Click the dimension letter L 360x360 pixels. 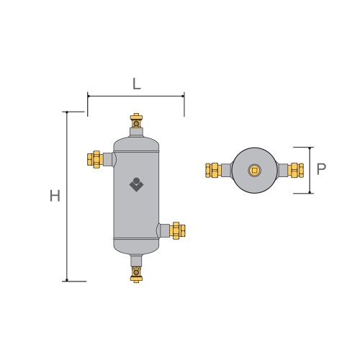[136, 83]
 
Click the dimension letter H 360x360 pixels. [55, 196]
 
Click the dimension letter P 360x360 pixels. [322, 170]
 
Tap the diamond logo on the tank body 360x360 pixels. [137, 185]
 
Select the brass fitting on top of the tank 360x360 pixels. [136, 118]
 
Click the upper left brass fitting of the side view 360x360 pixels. [94, 158]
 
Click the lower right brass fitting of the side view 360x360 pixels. [178, 230]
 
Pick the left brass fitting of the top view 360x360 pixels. [212, 170]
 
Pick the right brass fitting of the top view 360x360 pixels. [295, 170]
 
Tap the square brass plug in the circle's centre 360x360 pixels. [254, 170]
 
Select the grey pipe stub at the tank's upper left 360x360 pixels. [108, 158]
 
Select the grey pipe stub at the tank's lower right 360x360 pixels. [164, 230]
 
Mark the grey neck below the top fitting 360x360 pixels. [136, 130]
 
